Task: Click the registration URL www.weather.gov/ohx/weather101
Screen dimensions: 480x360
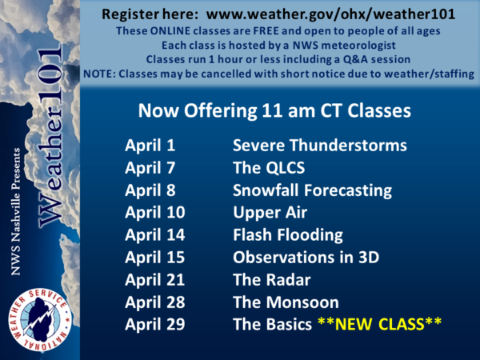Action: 330,14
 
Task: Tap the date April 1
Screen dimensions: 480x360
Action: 150,145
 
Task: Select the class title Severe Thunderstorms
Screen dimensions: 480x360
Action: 320,145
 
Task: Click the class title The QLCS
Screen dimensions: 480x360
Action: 269,168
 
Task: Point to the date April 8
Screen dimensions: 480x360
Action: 150,190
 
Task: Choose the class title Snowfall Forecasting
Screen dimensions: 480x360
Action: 313,190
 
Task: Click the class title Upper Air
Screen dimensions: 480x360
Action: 270,213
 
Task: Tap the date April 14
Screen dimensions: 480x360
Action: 155,235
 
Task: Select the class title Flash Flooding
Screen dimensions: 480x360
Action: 288,235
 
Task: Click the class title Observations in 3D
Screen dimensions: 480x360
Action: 306,258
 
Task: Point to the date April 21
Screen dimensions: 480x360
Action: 155,280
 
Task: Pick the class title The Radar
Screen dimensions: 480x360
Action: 272,280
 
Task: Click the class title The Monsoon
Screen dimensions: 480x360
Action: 286,302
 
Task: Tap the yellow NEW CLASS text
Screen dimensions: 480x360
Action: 379,324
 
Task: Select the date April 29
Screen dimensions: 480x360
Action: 155,325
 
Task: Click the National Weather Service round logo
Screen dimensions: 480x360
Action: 40,319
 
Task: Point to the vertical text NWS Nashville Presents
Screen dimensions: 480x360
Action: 16,211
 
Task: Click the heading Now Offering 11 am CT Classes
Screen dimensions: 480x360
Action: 274,110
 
